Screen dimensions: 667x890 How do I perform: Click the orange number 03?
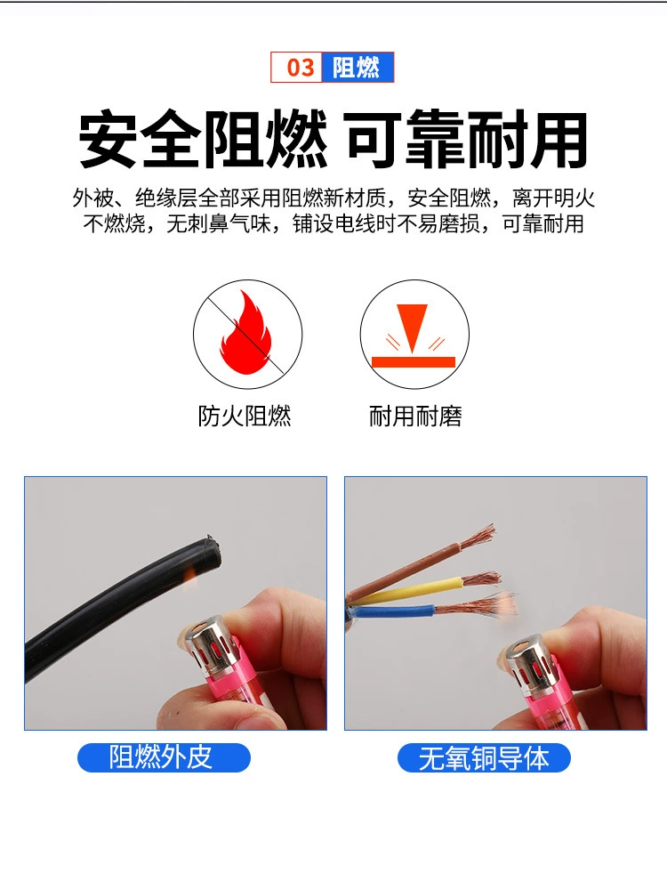(300, 68)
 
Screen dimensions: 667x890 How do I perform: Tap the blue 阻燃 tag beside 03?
(358, 68)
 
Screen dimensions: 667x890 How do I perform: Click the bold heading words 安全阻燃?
(203, 140)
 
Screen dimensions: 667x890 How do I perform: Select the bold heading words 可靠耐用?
(466, 140)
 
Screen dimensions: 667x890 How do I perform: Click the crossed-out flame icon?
(247, 334)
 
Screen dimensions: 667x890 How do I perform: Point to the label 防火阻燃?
(245, 416)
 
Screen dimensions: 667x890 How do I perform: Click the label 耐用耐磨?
(415, 416)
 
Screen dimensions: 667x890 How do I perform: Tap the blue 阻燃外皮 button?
(164, 757)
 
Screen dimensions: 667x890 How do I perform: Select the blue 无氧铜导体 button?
(484, 757)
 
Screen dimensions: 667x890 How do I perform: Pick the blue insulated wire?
(392, 612)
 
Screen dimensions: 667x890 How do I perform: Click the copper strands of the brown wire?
(478, 538)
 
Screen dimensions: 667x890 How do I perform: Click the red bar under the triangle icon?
(414, 362)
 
